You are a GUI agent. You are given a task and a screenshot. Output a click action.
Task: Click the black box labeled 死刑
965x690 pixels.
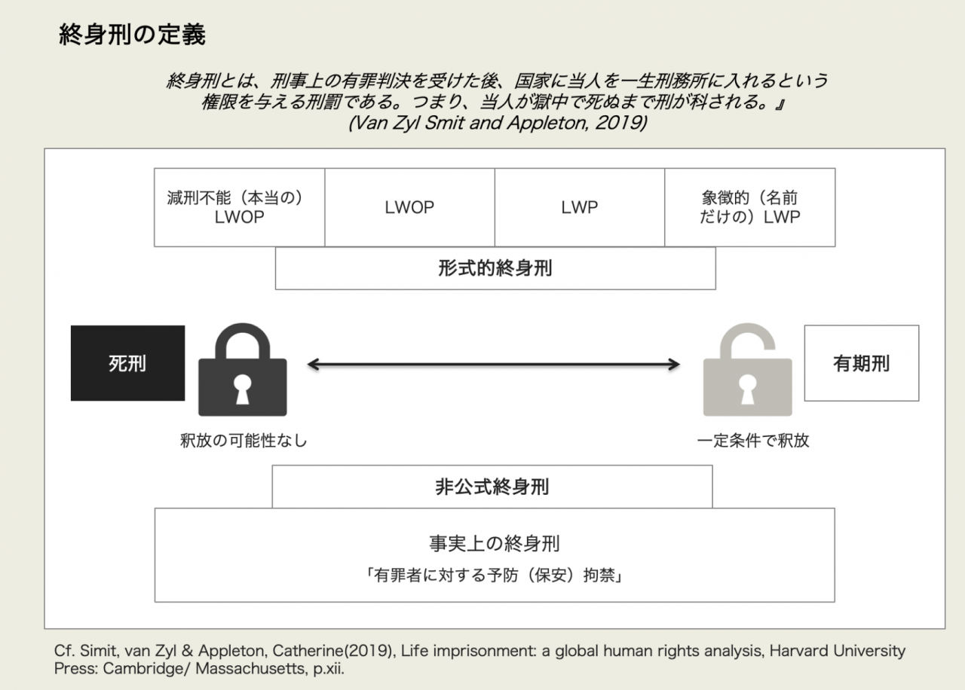pos(127,363)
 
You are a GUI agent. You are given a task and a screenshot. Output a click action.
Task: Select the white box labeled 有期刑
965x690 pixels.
pos(861,363)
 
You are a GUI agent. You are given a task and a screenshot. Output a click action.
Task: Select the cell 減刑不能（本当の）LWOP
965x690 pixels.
pos(240,207)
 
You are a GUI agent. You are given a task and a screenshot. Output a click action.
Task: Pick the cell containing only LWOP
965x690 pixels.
pos(409,207)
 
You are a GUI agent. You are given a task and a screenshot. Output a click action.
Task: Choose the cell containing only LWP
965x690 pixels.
pos(579,207)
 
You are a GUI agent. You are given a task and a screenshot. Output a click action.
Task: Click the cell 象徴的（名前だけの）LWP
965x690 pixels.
pos(749,207)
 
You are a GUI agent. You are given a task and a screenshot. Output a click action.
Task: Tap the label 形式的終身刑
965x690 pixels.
pos(495,268)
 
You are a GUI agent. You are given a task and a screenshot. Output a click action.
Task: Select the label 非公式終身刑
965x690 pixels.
pos(492,487)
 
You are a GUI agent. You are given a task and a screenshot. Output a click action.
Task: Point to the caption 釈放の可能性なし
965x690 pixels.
pos(244,441)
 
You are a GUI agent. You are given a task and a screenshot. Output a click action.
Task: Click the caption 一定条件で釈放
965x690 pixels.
pos(752,441)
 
